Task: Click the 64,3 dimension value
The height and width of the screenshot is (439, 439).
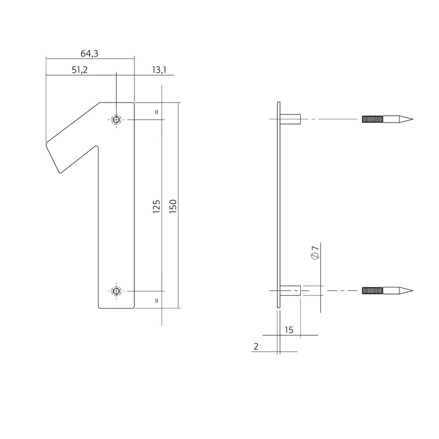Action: (89, 54)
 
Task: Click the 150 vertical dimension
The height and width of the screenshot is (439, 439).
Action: (173, 206)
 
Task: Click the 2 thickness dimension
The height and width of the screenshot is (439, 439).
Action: (256, 347)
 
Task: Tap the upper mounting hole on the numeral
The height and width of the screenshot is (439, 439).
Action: (116, 119)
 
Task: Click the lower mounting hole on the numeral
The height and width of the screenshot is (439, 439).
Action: (116, 291)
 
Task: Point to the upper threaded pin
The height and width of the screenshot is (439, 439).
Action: (386, 119)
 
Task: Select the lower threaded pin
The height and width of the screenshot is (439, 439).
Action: (386, 291)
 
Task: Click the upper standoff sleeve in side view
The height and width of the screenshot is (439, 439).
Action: (290, 119)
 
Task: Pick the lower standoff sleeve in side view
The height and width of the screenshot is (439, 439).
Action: (290, 291)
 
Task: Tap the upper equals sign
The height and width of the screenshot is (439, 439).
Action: (156, 112)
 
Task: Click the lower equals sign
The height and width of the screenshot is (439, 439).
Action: (156, 300)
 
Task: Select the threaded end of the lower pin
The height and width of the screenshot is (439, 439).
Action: (373, 291)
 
